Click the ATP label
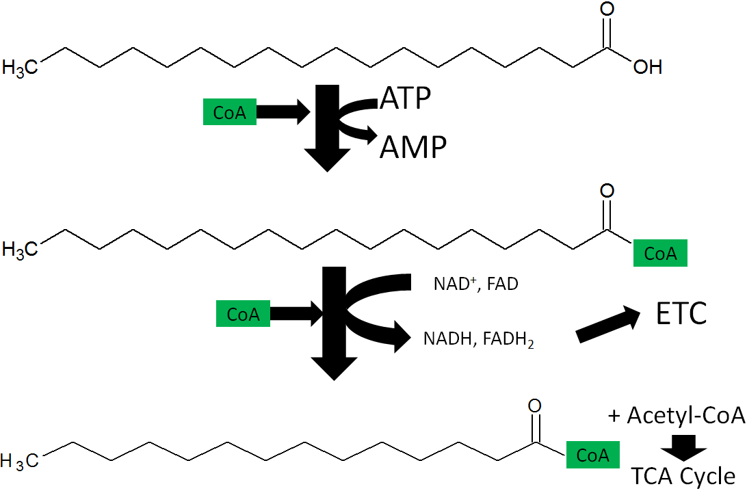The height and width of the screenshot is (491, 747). pos(406,98)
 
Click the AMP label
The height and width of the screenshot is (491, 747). pos(413,146)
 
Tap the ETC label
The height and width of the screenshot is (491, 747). pos(681,313)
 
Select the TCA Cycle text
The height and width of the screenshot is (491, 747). pos(683,476)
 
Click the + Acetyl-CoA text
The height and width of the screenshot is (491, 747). pos(677,415)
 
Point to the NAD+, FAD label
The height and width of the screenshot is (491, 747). pos(475,284)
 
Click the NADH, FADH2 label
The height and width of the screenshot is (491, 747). pos(478,340)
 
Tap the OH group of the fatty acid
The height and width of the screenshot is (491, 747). pos(648,67)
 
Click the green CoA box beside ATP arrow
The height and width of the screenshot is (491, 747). pos(230,112)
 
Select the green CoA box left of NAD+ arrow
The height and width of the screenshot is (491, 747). pos(243,313)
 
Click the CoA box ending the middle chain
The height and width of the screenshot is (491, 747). pos(660,253)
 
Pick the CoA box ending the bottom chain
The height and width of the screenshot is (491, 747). pos(592,455)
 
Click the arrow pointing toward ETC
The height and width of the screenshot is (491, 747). pos(608,325)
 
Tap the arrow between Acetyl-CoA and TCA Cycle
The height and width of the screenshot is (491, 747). pos(683,448)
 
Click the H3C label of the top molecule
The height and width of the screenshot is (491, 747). pos(20,68)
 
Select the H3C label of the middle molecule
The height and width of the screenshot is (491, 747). pos(20,250)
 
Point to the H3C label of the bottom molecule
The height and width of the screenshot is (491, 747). pos(20,461)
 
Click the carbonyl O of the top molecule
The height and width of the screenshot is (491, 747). pos(607,9)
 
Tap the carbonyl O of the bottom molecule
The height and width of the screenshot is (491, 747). pos(534,406)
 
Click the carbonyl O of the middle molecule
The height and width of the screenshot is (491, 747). pos(607,191)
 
